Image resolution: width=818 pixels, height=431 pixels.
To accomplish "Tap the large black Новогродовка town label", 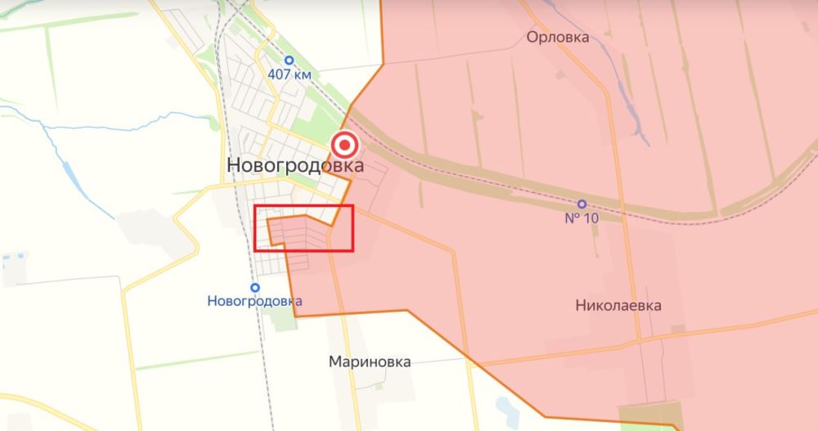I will (295, 166).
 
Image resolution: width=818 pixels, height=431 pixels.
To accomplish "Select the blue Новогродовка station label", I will (256, 301).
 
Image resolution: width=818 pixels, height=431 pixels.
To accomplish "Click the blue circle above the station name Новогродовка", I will (256, 287).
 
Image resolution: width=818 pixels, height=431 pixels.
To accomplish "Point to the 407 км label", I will (289, 74).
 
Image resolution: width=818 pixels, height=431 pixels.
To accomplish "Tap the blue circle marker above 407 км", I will (289, 60).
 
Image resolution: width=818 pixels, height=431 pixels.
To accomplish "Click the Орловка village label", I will (558, 37).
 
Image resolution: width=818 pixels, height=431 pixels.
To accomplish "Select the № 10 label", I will (582, 218).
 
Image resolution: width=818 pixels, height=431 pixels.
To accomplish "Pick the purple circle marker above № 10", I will (582, 204).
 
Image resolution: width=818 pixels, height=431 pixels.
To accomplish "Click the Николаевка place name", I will (618, 306).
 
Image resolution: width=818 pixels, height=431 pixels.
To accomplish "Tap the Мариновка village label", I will (370, 361).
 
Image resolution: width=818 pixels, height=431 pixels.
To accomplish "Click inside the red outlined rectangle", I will (303, 228).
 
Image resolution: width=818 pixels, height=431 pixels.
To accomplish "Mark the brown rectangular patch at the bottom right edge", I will (650, 415).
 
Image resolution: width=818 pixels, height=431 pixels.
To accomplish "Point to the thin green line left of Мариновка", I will (196, 360).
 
